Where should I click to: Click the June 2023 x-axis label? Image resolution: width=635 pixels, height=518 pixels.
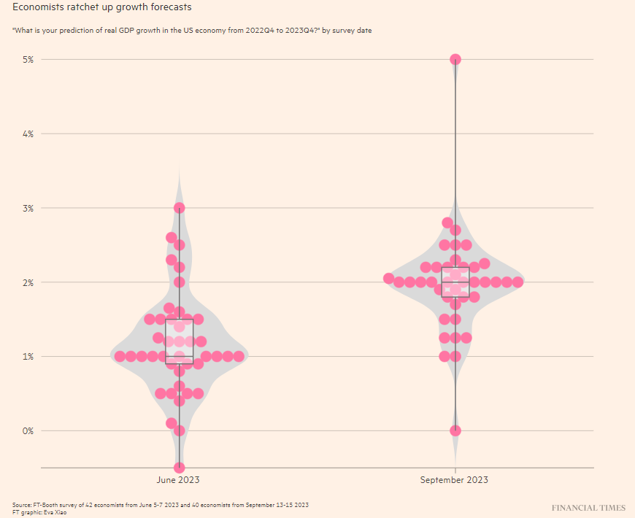pyautogui.click(x=178, y=480)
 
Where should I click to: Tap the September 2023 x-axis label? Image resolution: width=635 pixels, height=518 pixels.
pyautogui.click(x=454, y=480)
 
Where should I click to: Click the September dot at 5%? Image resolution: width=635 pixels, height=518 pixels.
pyautogui.click(x=455, y=59)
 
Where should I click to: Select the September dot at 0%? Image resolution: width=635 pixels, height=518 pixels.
pyautogui.click(x=455, y=430)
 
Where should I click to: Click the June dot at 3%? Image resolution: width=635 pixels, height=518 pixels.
pyautogui.click(x=180, y=208)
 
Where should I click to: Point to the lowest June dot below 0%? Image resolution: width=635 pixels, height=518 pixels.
pyautogui.click(x=180, y=468)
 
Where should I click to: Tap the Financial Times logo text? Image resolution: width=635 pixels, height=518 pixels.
pyautogui.click(x=588, y=508)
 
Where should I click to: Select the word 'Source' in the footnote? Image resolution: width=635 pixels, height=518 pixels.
pyautogui.click(x=22, y=505)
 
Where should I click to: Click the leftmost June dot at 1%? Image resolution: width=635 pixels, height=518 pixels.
pyautogui.click(x=120, y=356)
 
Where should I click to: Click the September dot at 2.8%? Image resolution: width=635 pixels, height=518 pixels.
pyautogui.click(x=447, y=223)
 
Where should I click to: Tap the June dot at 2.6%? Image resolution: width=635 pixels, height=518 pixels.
pyautogui.click(x=172, y=237)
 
